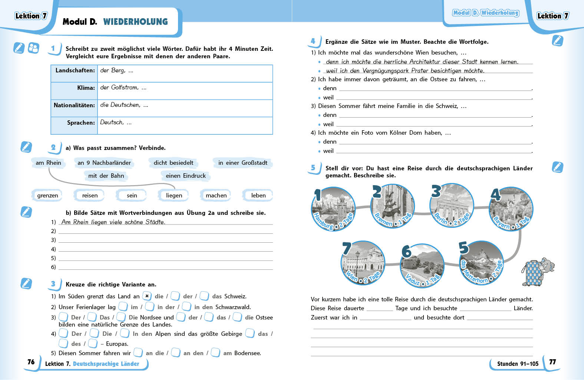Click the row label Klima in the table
pyautogui.click(x=86, y=88)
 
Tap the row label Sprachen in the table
pyautogui.click(x=81, y=123)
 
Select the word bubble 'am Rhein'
pyautogui.click(x=48, y=163)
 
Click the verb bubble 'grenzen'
pyautogui.click(x=47, y=196)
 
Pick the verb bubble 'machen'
pyautogui.click(x=216, y=196)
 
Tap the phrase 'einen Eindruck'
pyautogui.click(x=185, y=176)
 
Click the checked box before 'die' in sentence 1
pyautogui.click(x=147, y=296)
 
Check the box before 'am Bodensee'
pyautogui.click(x=215, y=353)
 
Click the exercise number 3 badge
pyautogui.click(x=53, y=284)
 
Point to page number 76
pyautogui.click(x=31, y=362)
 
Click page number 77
pyautogui.click(x=552, y=362)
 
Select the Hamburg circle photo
pyautogui.click(x=333, y=209)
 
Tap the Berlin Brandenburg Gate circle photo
pyautogui.click(x=452, y=205)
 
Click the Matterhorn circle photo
pyautogui.click(x=481, y=263)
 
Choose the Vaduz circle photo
pyautogui.click(x=422, y=266)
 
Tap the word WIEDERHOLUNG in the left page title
pyautogui.click(x=135, y=22)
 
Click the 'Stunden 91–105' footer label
pyautogui.click(x=518, y=364)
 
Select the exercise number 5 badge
pyautogui.click(x=313, y=168)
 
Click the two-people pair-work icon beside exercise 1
pyautogui.click(x=33, y=48)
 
